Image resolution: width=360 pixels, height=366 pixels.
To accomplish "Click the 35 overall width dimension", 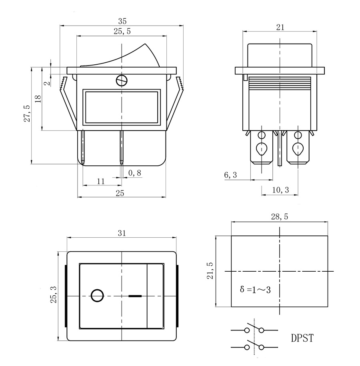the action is click(x=122, y=21).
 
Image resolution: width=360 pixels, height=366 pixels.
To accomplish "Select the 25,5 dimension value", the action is click(x=122, y=31).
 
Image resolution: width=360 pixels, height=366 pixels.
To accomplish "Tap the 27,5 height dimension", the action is click(x=27, y=113).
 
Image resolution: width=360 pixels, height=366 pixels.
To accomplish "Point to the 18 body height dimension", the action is click(x=38, y=99).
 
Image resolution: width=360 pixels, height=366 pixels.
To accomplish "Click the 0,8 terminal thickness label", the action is click(x=135, y=173).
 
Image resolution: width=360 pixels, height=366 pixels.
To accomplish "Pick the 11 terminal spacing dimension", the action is click(x=101, y=181).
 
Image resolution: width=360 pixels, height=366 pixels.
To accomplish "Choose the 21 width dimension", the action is click(x=280, y=28).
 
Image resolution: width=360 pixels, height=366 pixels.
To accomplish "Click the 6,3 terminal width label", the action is click(x=230, y=175).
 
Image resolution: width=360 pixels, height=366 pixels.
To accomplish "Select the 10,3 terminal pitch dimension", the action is click(x=280, y=190).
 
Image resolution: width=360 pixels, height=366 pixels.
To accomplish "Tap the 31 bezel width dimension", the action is click(x=122, y=233).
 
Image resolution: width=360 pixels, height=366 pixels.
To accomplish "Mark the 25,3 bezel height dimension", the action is click(x=54, y=294).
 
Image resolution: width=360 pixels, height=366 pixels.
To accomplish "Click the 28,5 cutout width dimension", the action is click(x=280, y=217).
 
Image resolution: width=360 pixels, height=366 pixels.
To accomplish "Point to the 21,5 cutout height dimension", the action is click(x=210, y=271).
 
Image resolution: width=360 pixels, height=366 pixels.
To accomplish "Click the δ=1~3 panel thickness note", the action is click(x=255, y=290).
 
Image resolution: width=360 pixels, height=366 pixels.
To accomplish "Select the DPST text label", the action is click(x=302, y=338).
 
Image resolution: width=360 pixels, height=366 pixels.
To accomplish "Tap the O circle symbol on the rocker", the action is click(x=97, y=296).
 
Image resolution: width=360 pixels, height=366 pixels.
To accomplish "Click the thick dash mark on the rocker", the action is click(x=135, y=296).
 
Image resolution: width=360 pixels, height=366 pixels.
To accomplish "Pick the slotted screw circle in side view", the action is click(x=122, y=81).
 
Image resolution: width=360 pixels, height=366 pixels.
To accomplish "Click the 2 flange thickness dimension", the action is click(x=48, y=83).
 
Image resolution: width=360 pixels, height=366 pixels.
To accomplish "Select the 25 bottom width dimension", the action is click(x=120, y=193).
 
